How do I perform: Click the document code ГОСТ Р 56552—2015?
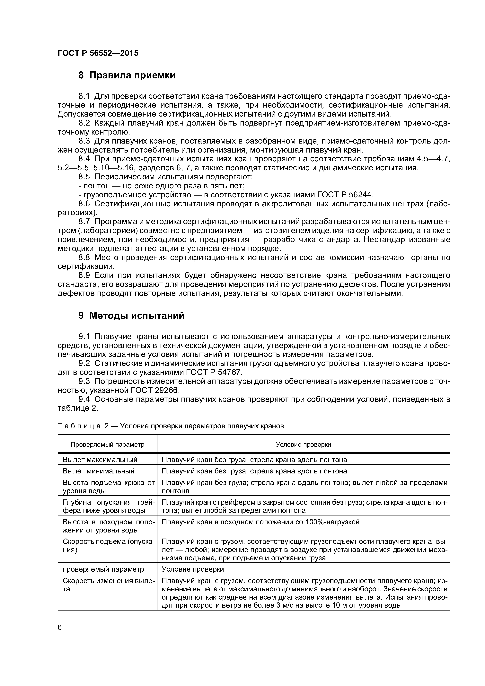[x=98, y=53]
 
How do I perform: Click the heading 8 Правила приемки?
[x=127, y=76]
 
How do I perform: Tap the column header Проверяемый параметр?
[x=108, y=444]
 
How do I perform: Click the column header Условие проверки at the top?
[x=303, y=444]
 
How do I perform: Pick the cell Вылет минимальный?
[x=98, y=471]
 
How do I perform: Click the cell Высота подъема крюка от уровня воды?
[x=109, y=487]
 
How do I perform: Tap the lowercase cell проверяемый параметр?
[x=103, y=569]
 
